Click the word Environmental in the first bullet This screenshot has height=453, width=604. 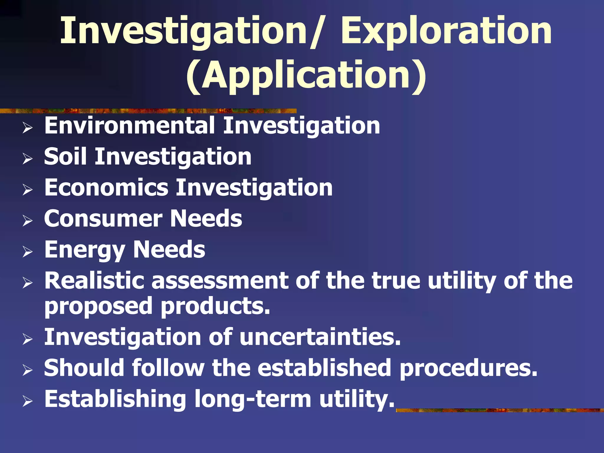(130, 126)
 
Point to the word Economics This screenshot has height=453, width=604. (106, 188)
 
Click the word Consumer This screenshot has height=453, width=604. (103, 219)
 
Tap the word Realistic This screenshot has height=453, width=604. (94, 280)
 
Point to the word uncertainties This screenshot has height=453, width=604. (320, 337)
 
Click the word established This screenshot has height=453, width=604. (324, 368)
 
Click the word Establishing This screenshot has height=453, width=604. (115, 399)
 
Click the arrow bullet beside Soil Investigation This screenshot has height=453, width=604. (27, 159)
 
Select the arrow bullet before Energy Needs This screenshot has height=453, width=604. (27, 252)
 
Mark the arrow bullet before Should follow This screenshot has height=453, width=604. (27, 370)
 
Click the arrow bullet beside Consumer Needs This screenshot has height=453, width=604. (27, 221)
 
